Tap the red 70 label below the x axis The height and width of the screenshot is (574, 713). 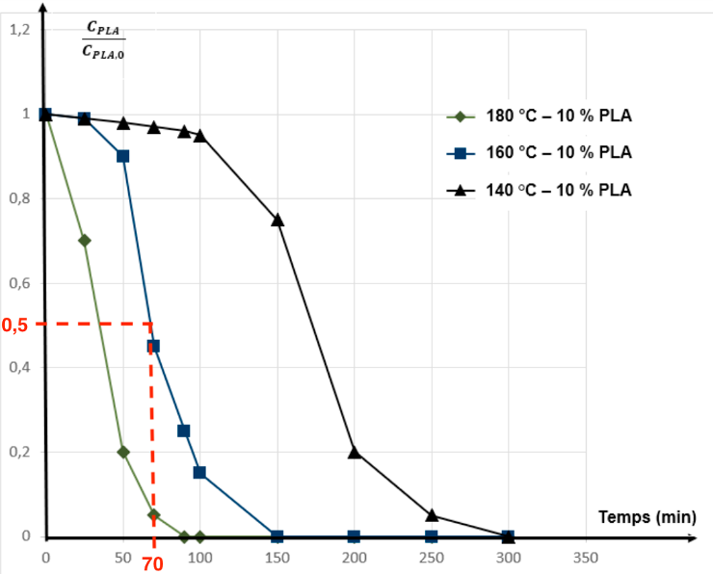point(153,564)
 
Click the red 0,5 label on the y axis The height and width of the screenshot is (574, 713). point(16,325)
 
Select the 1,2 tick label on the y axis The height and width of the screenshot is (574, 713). point(18,30)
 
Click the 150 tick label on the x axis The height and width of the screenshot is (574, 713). point(277,558)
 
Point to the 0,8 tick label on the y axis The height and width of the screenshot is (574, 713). point(18,199)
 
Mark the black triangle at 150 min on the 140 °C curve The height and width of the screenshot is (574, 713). point(277,220)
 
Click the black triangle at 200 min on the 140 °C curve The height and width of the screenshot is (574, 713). point(355,451)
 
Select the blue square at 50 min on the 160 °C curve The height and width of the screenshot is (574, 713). point(122,156)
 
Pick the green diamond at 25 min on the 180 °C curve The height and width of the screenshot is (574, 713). point(84,241)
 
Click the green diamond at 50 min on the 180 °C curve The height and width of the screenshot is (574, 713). point(123,452)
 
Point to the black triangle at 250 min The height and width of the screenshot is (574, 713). point(432,514)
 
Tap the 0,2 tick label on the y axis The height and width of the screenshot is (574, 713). point(18,452)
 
